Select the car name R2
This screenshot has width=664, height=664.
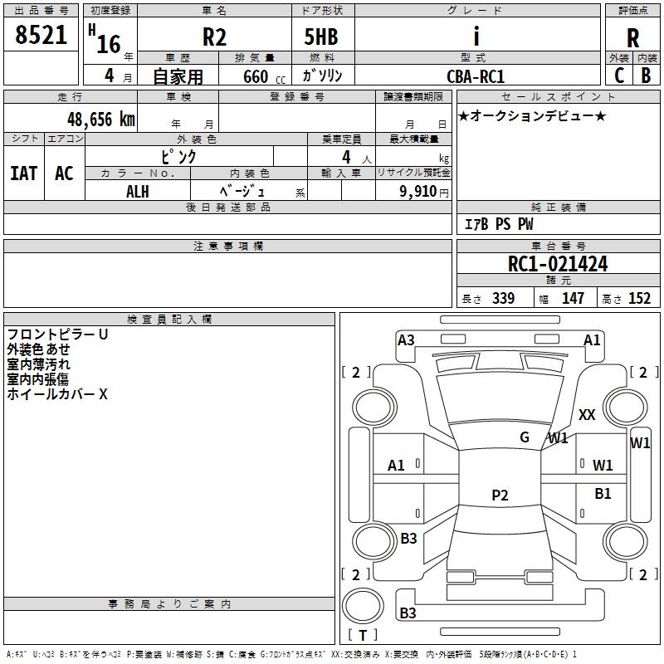click(x=213, y=38)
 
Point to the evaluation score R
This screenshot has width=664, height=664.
click(x=633, y=39)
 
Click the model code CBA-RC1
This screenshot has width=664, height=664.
click(x=476, y=76)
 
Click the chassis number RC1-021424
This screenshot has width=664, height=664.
click(x=558, y=265)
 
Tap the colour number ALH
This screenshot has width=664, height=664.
click(x=138, y=192)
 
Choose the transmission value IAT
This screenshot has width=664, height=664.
click(x=24, y=173)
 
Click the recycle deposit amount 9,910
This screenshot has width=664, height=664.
click(x=418, y=192)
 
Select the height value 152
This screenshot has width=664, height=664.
click(x=639, y=299)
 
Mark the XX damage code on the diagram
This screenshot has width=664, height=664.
click(x=587, y=415)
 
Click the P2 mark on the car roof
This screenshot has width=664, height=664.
click(x=500, y=496)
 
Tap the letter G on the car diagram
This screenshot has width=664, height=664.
click(x=525, y=437)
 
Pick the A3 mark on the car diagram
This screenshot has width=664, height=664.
click(x=406, y=339)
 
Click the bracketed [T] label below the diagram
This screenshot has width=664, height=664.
click(x=362, y=636)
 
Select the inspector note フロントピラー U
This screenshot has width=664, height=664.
click(x=57, y=334)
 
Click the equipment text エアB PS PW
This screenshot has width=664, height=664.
click(x=498, y=225)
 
